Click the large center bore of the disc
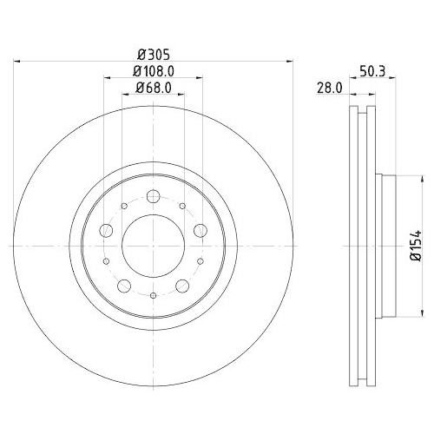coord(153,246)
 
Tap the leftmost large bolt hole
coord(107,230)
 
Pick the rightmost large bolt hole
coord(200,230)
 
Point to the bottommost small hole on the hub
coord(153,296)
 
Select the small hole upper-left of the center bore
coord(124,206)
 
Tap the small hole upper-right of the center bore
coord(182,206)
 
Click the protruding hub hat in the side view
coord(387,246)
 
